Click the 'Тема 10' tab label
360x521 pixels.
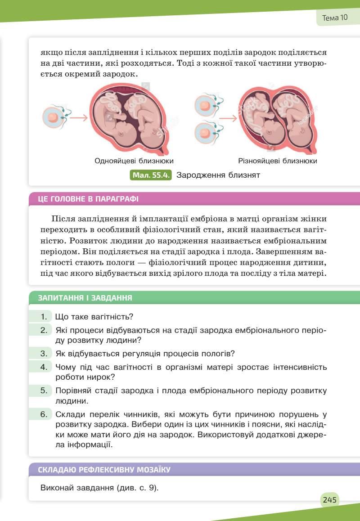pos(335,18)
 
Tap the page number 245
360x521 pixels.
pos(329,499)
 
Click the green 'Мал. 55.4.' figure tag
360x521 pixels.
pos(151,175)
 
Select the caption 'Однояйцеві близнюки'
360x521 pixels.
pos(134,161)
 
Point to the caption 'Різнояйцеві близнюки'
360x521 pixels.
pos(278,161)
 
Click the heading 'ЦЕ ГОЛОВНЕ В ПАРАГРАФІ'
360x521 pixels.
pos(88,199)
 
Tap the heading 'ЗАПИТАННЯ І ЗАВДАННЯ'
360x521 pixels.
pos(85,298)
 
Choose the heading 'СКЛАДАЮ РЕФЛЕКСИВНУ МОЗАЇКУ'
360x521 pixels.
pos(104,470)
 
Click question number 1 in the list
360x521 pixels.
pos(44,317)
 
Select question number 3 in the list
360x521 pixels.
pos(44,353)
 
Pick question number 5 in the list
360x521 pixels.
pos(44,390)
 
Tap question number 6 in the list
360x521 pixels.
pos(44,414)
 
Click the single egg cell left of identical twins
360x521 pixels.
pos(53,117)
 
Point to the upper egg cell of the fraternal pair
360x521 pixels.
pos(205,106)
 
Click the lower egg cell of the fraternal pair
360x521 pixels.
pos(205,133)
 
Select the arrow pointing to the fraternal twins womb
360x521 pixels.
pos(228,119)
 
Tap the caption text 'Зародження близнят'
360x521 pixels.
pos(218,175)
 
